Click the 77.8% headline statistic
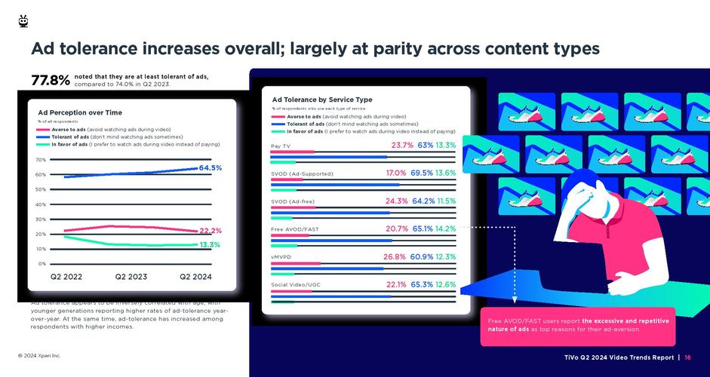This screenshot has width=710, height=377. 50,81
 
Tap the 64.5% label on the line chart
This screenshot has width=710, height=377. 210,168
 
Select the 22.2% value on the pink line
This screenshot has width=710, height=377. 210,231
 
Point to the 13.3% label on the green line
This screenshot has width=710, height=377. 210,245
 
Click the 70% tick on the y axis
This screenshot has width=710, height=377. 41,160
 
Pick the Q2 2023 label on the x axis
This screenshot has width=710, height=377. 131,277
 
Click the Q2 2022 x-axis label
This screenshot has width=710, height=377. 66,277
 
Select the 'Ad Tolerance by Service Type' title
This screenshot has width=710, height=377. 322,100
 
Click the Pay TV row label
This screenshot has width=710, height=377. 281,146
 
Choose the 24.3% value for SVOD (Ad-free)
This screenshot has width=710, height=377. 396,201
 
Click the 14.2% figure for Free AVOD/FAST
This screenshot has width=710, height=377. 445,228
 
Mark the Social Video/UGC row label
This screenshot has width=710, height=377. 296,285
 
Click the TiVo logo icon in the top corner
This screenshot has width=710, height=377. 23,21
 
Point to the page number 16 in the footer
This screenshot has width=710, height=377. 688,357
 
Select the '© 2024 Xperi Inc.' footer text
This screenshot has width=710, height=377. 39,355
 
